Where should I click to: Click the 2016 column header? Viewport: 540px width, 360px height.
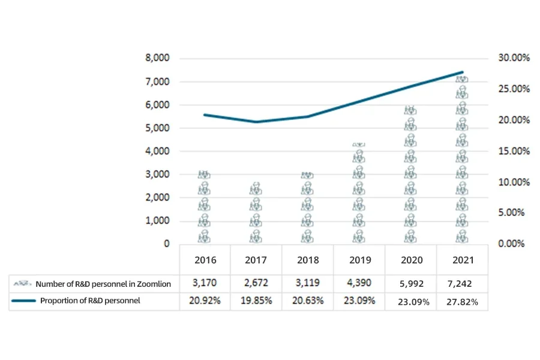(x=205, y=260)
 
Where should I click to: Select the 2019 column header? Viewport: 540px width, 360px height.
(x=359, y=260)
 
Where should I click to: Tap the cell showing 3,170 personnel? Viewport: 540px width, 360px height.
(x=205, y=283)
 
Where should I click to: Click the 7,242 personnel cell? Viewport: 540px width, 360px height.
(x=463, y=283)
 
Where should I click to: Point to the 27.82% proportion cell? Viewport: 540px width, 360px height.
(x=463, y=302)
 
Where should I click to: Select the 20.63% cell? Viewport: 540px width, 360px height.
(x=308, y=301)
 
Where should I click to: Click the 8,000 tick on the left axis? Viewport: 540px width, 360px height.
(x=158, y=58)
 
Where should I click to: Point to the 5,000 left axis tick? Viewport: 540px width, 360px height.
(x=158, y=128)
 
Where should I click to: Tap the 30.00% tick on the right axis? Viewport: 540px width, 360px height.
(x=514, y=58)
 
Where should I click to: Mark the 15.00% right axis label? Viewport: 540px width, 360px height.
(x=514, y=151)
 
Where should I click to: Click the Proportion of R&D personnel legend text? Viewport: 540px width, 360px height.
(x=90, y=301)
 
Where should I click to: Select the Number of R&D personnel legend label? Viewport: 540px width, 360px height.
(x=103, y=284)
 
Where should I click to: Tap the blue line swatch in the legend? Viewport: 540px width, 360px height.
(x=23, y=301)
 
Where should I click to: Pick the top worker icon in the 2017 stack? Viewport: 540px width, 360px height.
(x=256, y=188)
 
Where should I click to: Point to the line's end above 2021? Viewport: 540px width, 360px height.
(x=463, y=72)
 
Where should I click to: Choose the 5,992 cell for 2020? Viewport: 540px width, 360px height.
(x=411, y=283)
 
